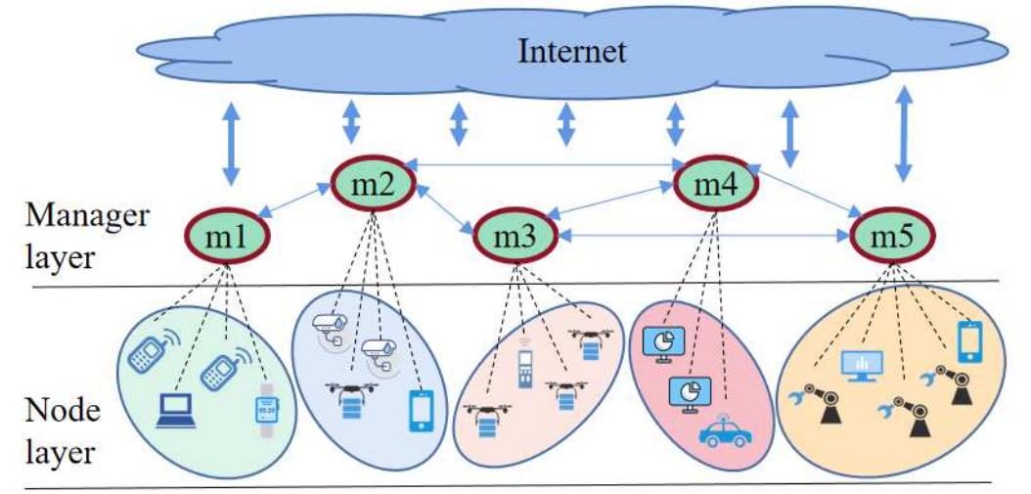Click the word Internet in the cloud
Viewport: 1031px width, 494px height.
click(571, 50)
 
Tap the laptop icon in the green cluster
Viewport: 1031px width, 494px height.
click(177, 412)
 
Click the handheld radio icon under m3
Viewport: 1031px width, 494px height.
click(526, 368)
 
